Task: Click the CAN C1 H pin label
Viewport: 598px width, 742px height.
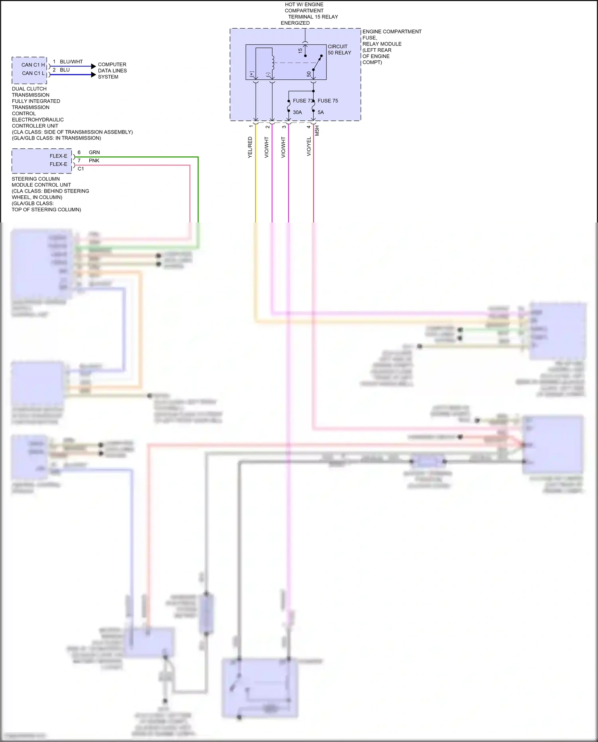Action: pos(33,65)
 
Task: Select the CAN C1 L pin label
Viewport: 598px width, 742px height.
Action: pos(33,73)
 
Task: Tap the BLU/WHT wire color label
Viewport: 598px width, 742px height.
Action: pos(71,62)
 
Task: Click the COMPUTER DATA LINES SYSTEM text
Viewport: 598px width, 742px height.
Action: pos(112,71)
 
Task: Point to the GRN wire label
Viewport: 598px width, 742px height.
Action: pos(94,152)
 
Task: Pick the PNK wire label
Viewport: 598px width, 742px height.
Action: pos(94,161)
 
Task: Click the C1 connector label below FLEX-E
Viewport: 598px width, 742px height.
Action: pos(81,169)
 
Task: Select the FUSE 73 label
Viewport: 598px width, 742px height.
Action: pos(303,101)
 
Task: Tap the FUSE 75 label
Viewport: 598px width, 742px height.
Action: pos(328,101)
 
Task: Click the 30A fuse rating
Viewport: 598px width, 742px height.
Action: pos(297,112)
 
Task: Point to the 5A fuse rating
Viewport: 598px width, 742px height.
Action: pos(321,112)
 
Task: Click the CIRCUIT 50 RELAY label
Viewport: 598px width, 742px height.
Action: pos(339,49)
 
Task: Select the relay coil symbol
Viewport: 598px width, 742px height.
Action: pos(273,62)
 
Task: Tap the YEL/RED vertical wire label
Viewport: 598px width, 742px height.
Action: pos(250,147)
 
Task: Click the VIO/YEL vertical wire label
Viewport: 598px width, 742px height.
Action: pos(309,146)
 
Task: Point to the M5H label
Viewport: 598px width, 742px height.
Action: pos(317,130)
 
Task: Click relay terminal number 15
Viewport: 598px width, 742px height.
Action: pos(300,51)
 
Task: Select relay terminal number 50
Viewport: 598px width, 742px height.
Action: pos(309,74)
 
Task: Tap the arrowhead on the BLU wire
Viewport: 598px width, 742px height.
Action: pos(94,75)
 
